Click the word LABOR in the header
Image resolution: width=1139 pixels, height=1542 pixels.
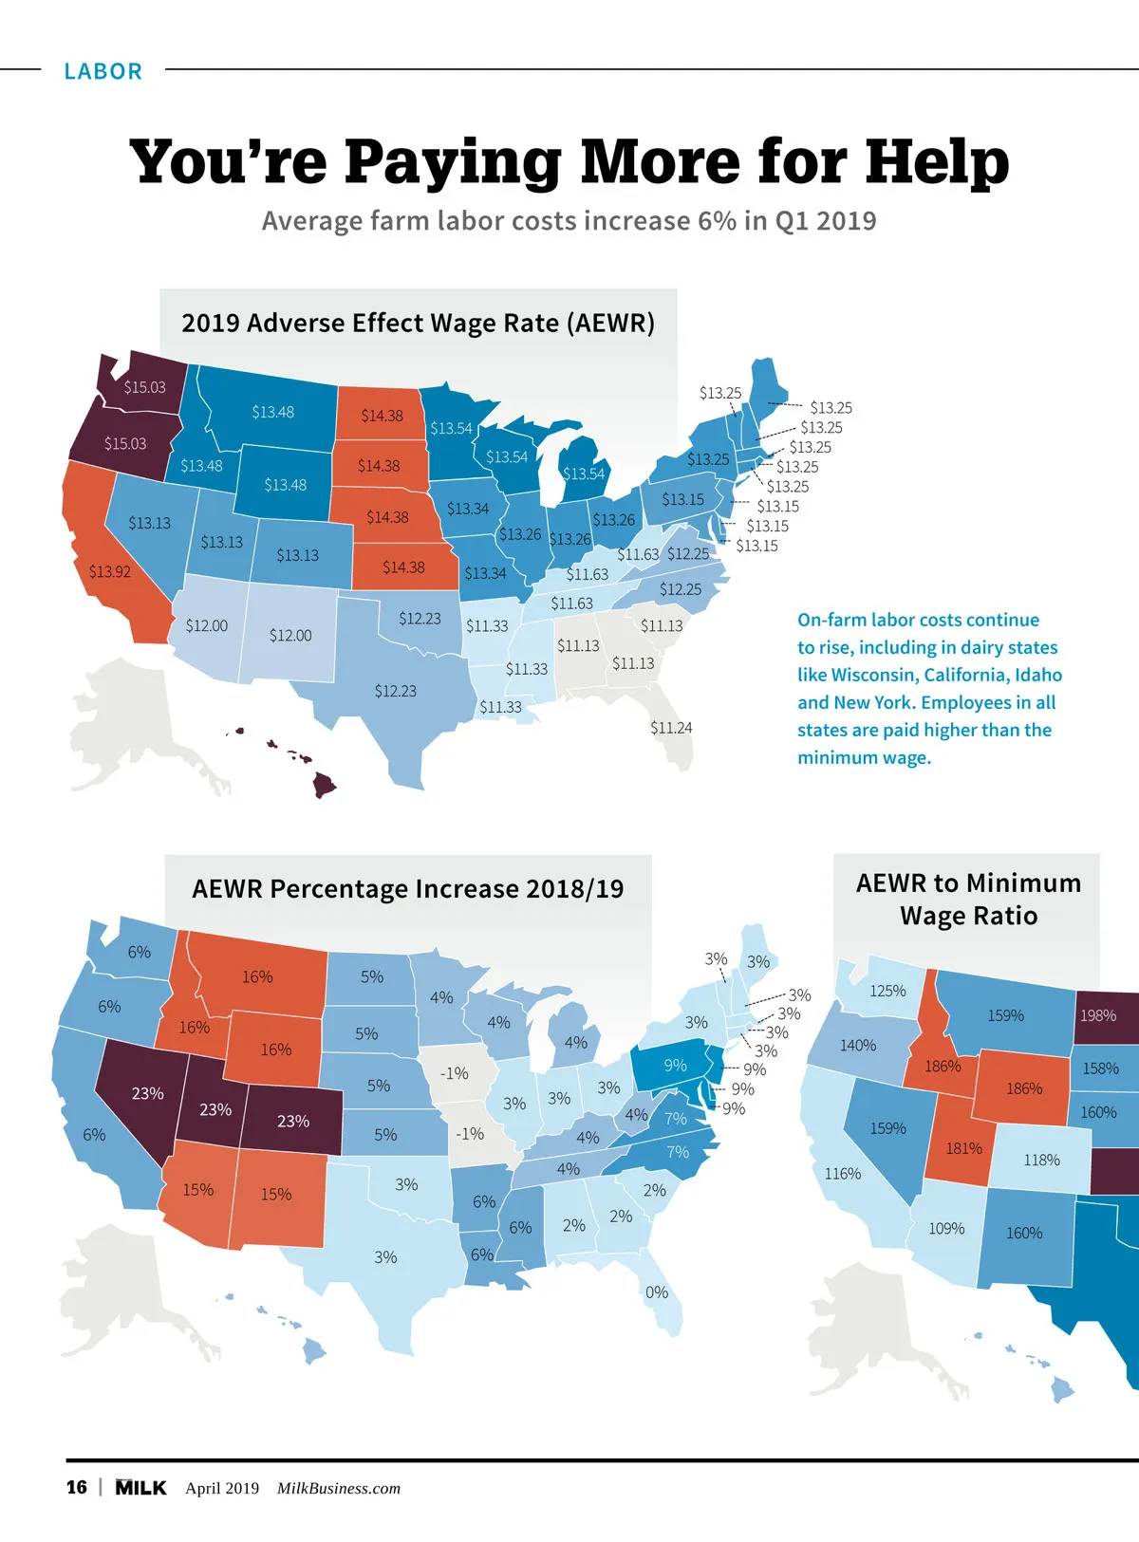(103, 71)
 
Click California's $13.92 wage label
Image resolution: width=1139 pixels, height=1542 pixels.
(110, 571)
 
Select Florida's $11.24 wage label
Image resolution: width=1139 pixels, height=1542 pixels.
(671, 728)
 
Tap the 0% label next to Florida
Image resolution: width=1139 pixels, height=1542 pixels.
(657, 1292)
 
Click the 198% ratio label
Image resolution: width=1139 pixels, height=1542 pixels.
(1098, 1015)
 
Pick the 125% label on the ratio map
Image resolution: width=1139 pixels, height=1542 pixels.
(887, 991)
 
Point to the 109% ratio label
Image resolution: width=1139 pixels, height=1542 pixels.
(946, 1229)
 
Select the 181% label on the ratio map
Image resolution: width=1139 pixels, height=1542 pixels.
(963, 1148)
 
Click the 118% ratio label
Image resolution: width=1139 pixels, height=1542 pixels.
(1041, 1160)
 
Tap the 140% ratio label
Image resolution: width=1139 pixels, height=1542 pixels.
(858, 1045)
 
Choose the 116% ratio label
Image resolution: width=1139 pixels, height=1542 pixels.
(843, 1174)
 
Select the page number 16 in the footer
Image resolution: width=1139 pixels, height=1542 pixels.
(77, 1487)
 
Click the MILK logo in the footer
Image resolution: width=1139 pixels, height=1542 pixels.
(140, 1487)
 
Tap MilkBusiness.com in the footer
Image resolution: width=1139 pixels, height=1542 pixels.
(339, 1488)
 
